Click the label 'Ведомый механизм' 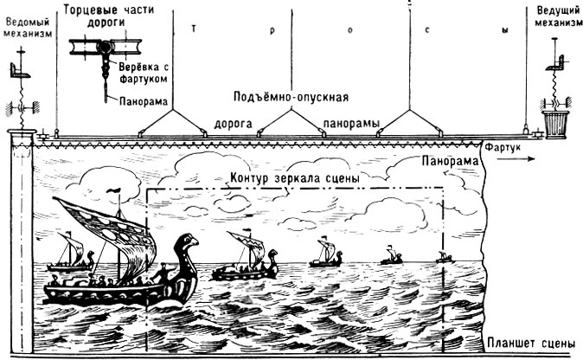tap(27, 25)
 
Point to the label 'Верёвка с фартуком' tap(138, 70)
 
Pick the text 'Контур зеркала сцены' tap(296, 178)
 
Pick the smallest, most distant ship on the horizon tap(445, 256)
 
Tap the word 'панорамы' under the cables tap(349, 125)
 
